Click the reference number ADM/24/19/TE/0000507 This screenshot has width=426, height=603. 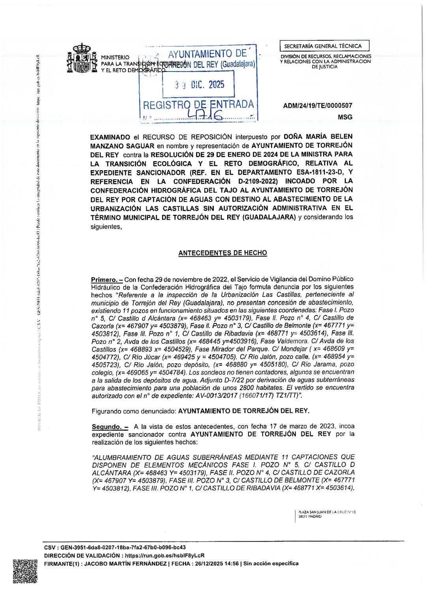(318, 106)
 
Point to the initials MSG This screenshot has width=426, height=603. (345, 117)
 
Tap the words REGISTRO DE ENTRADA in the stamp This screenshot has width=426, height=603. (198, 105)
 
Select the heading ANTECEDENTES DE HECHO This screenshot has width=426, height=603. (222, 253)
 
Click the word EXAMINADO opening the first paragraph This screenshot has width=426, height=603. (110, 137)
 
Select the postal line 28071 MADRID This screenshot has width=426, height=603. (310, 516)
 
